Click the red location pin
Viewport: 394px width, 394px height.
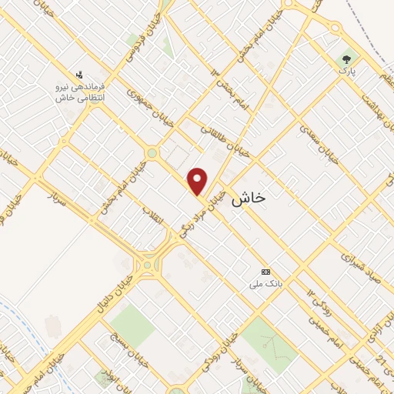point(199,182)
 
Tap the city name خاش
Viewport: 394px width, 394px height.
point(249,198)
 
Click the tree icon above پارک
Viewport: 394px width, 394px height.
point(346,58)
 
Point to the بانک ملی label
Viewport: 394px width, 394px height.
point(266,283)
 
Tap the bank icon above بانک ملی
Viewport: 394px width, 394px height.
point(266,272)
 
